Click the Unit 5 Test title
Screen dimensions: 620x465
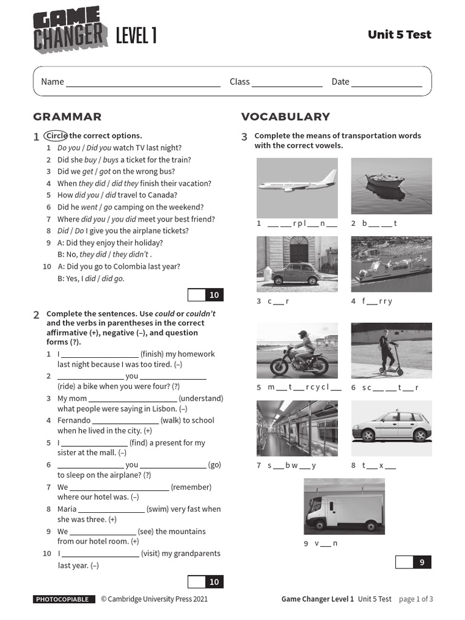pyautogui.click(x=399, y=35)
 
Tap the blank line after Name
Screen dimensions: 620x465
pyautogui.click(x=143, y=82)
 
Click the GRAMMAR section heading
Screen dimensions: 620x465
pyautogui.click(x=67, y=117)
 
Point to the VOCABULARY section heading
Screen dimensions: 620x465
pyautogui.click(x=285, y=117)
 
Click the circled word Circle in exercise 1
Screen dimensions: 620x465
pyautogui.click(x=56, y=136)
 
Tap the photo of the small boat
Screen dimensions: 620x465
pyautogui.click(x=391, y=186)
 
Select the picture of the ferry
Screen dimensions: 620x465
pyautogui.click(x=391, y=264)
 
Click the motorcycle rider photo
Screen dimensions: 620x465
pyautogui.click(x=297, y=351)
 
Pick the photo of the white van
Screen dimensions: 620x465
pyautogui.click(x=344, y=506)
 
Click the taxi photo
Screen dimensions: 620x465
pyautogui.click(x=391, y=428)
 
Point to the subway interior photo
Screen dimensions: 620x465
pyautogui.click(x=297, y=428)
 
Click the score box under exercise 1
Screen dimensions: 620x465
pyautogui.click(x=206, y=295)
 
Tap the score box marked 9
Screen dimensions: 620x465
pyautogui.click(x=414, y=562)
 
